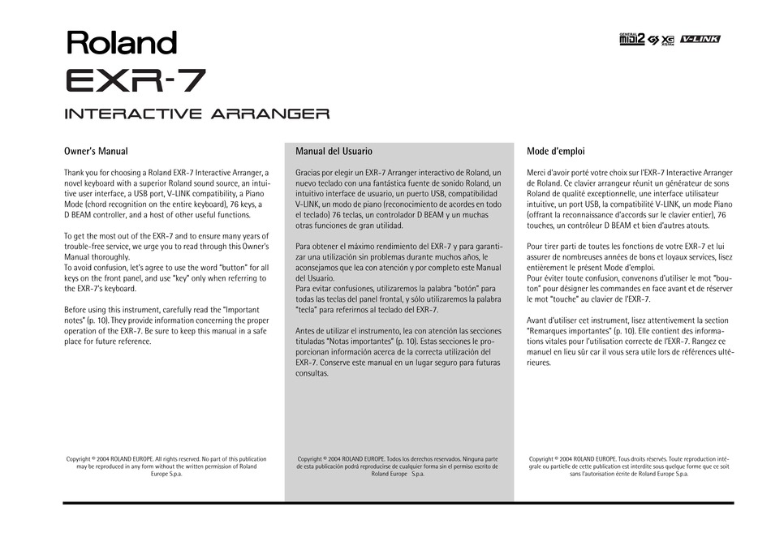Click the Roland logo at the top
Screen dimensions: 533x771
point(121,42)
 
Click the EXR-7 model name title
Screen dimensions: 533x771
point(135,80)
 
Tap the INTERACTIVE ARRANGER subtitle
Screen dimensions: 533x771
point(196,114)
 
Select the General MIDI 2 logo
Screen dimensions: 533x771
point(631,39)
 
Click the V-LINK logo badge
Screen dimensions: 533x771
point(700,39)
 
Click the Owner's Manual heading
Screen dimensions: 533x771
point(96,151)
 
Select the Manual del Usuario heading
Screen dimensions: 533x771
point(334,151)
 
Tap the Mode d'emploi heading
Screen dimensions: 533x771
point(556,151)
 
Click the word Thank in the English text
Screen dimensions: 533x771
point(75,173)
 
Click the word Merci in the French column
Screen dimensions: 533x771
point(536,173)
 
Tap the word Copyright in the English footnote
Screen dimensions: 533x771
point(80,459)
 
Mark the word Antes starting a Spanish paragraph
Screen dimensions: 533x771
point(306,331)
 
